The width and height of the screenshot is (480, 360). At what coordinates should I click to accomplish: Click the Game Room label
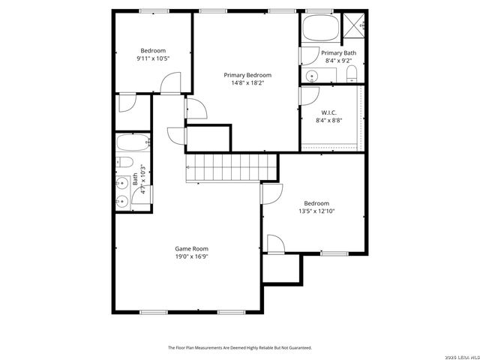point(191,248)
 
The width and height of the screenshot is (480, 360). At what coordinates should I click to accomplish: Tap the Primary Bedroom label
point(247,75)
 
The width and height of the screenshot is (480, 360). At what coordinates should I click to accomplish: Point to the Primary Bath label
point(338,52)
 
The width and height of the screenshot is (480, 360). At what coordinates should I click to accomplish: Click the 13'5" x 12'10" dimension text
point(316,211)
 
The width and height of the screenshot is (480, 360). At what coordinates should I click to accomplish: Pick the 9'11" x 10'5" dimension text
point(152,58)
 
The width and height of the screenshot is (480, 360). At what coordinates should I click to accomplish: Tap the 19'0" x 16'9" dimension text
point(191,256)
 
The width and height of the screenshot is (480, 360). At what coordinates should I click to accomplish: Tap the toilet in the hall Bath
point(125,163)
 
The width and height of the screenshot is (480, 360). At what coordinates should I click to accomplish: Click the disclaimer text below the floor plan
point(239,348)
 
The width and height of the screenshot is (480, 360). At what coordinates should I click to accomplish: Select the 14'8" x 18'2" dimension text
point(247,83)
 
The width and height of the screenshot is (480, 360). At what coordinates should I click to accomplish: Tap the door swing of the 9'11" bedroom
point(171,83)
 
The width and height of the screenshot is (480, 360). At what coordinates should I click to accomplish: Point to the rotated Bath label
point(136,180)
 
